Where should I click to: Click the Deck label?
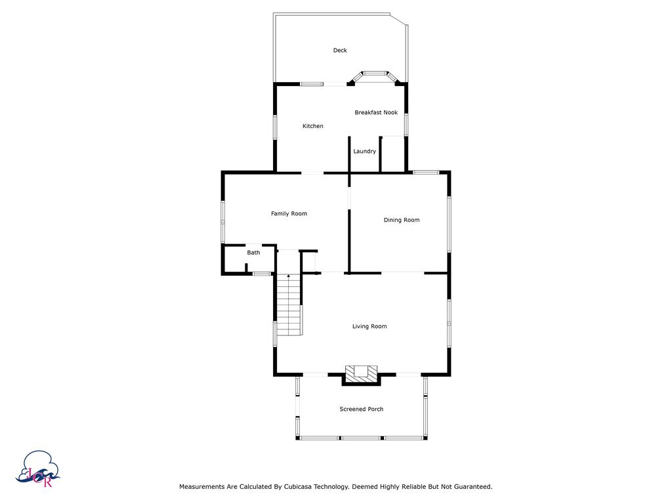click(340, 50)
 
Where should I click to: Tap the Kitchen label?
click(313, 126)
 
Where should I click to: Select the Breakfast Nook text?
click(376, 112)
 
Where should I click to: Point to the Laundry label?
click(364, 152)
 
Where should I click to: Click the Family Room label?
click(289, 213)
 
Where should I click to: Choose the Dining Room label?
click(402, 220)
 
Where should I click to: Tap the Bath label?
click(253, 253)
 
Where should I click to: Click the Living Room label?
click(369, 326)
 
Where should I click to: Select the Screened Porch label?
click(362, 409)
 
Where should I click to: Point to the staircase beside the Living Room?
click(289, 304)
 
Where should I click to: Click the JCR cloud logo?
click(38, 469)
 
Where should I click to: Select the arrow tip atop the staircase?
click(289, 275)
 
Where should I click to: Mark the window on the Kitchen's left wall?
click(275, 127)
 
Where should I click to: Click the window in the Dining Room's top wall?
click(426, 173)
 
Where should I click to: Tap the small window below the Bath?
click(262, 274)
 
